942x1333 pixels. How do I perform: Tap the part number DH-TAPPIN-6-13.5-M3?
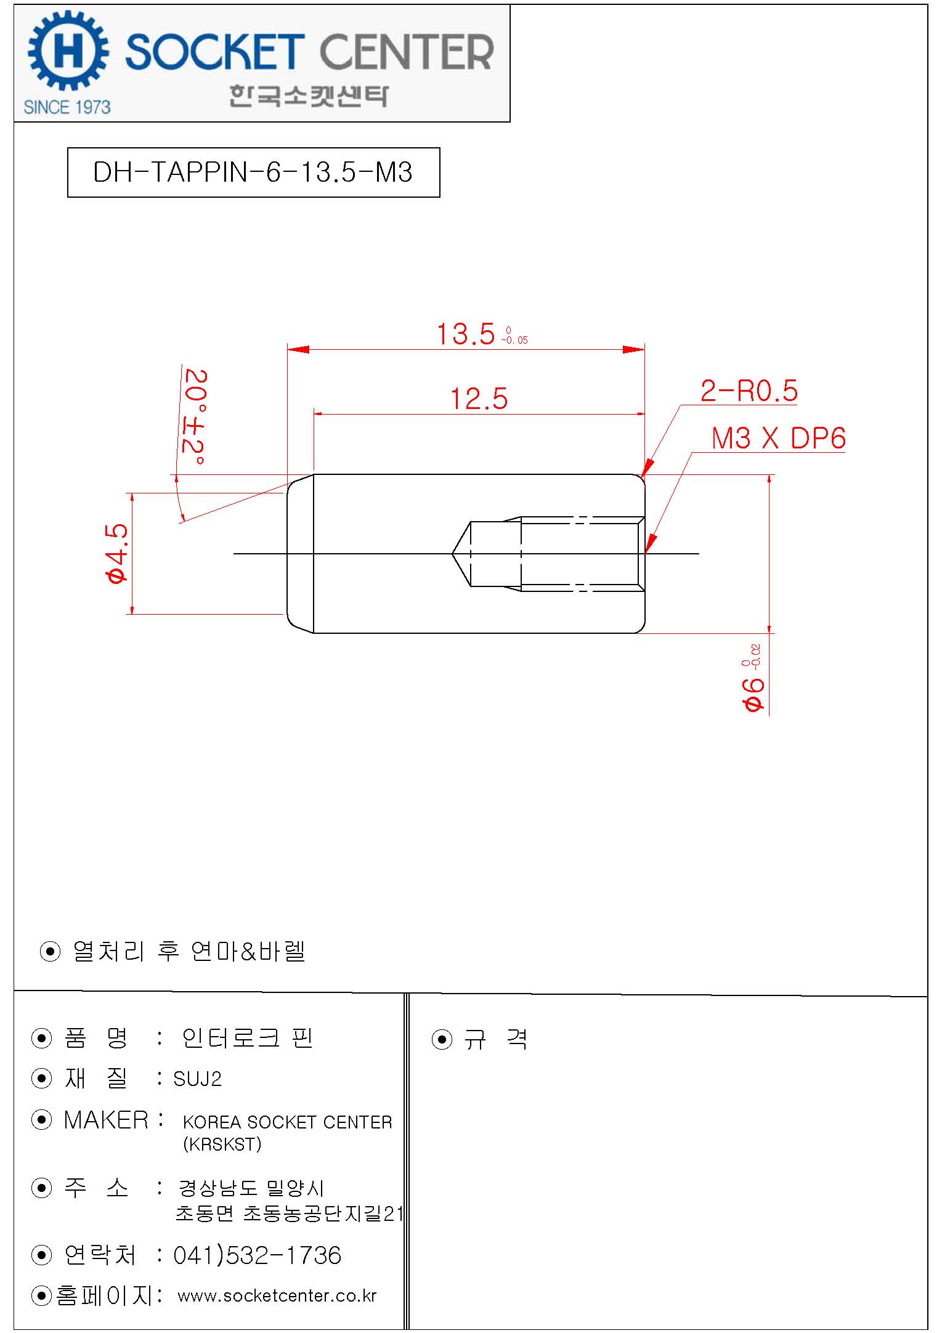[253, 172]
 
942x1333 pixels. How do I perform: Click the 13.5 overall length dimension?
[466, 334]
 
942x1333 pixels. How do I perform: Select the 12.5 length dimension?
[479, 399]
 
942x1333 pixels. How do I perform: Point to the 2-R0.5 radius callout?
[749, 391]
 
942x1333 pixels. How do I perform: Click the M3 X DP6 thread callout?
[778, 439]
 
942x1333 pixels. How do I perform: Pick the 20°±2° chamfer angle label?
[195, 417]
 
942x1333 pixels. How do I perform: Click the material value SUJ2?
[197, 1079]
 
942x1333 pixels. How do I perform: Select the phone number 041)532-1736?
[257, 1255]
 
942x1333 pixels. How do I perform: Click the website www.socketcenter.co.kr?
[277, 1295]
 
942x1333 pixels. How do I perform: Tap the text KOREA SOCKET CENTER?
[287, 1122]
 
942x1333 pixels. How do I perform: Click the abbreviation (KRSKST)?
[222, 1144]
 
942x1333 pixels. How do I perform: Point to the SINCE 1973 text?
[67, 107]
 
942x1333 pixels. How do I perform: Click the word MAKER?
[106, 1120]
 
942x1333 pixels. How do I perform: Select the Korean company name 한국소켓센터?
[309, 95]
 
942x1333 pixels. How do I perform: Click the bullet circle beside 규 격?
[442, 1040]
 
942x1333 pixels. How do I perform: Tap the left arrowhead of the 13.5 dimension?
[298, 349]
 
